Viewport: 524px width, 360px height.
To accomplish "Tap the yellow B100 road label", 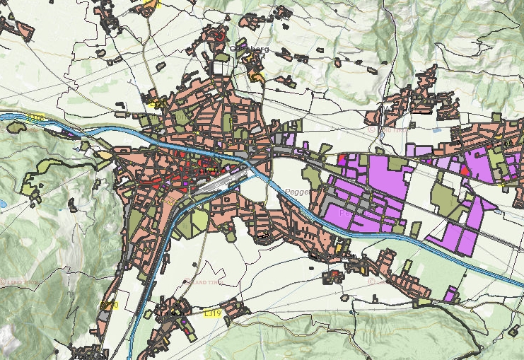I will (x=109, y=305).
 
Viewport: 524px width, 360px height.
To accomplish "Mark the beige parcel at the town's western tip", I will (x=104, y=155).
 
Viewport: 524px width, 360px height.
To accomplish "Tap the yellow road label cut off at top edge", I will (x=152, y=4).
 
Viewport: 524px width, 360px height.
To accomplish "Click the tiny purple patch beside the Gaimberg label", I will (x=241, y=45).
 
